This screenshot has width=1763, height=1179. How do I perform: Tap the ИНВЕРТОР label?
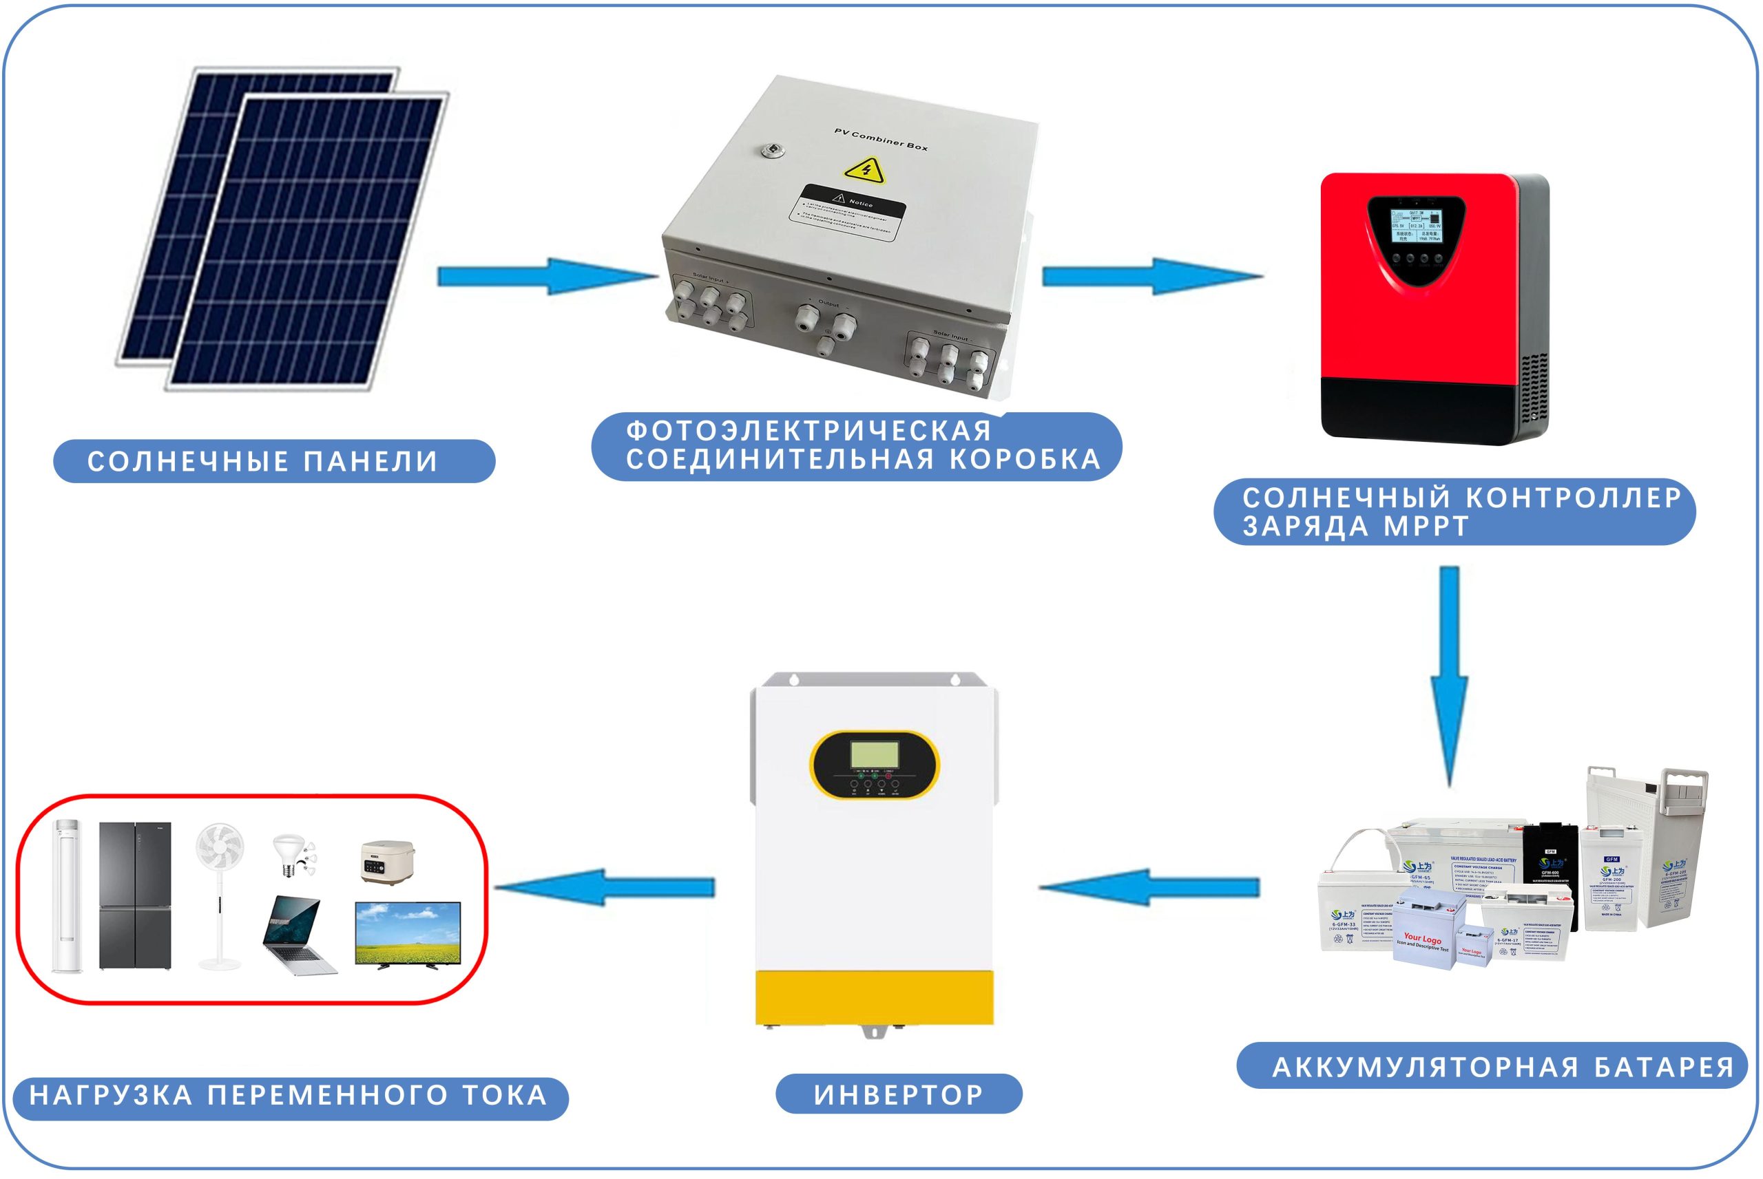point(898,1094)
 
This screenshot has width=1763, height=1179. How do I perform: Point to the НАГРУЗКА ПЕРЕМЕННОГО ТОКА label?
point(289,1096)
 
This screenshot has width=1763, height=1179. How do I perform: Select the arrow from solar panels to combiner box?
point(547,276)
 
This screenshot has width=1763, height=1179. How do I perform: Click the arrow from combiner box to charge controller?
point(1151,276)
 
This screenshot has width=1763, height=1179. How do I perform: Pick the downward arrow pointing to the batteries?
point(1448,677)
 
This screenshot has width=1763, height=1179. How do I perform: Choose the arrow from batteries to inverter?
point(1149,887)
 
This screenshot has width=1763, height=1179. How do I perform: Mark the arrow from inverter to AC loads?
point(605,887)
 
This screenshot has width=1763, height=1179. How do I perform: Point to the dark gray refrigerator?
point(136,895)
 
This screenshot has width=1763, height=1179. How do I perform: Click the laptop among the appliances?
point(298,935)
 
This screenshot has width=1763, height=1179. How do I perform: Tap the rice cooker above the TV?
point(386,860)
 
